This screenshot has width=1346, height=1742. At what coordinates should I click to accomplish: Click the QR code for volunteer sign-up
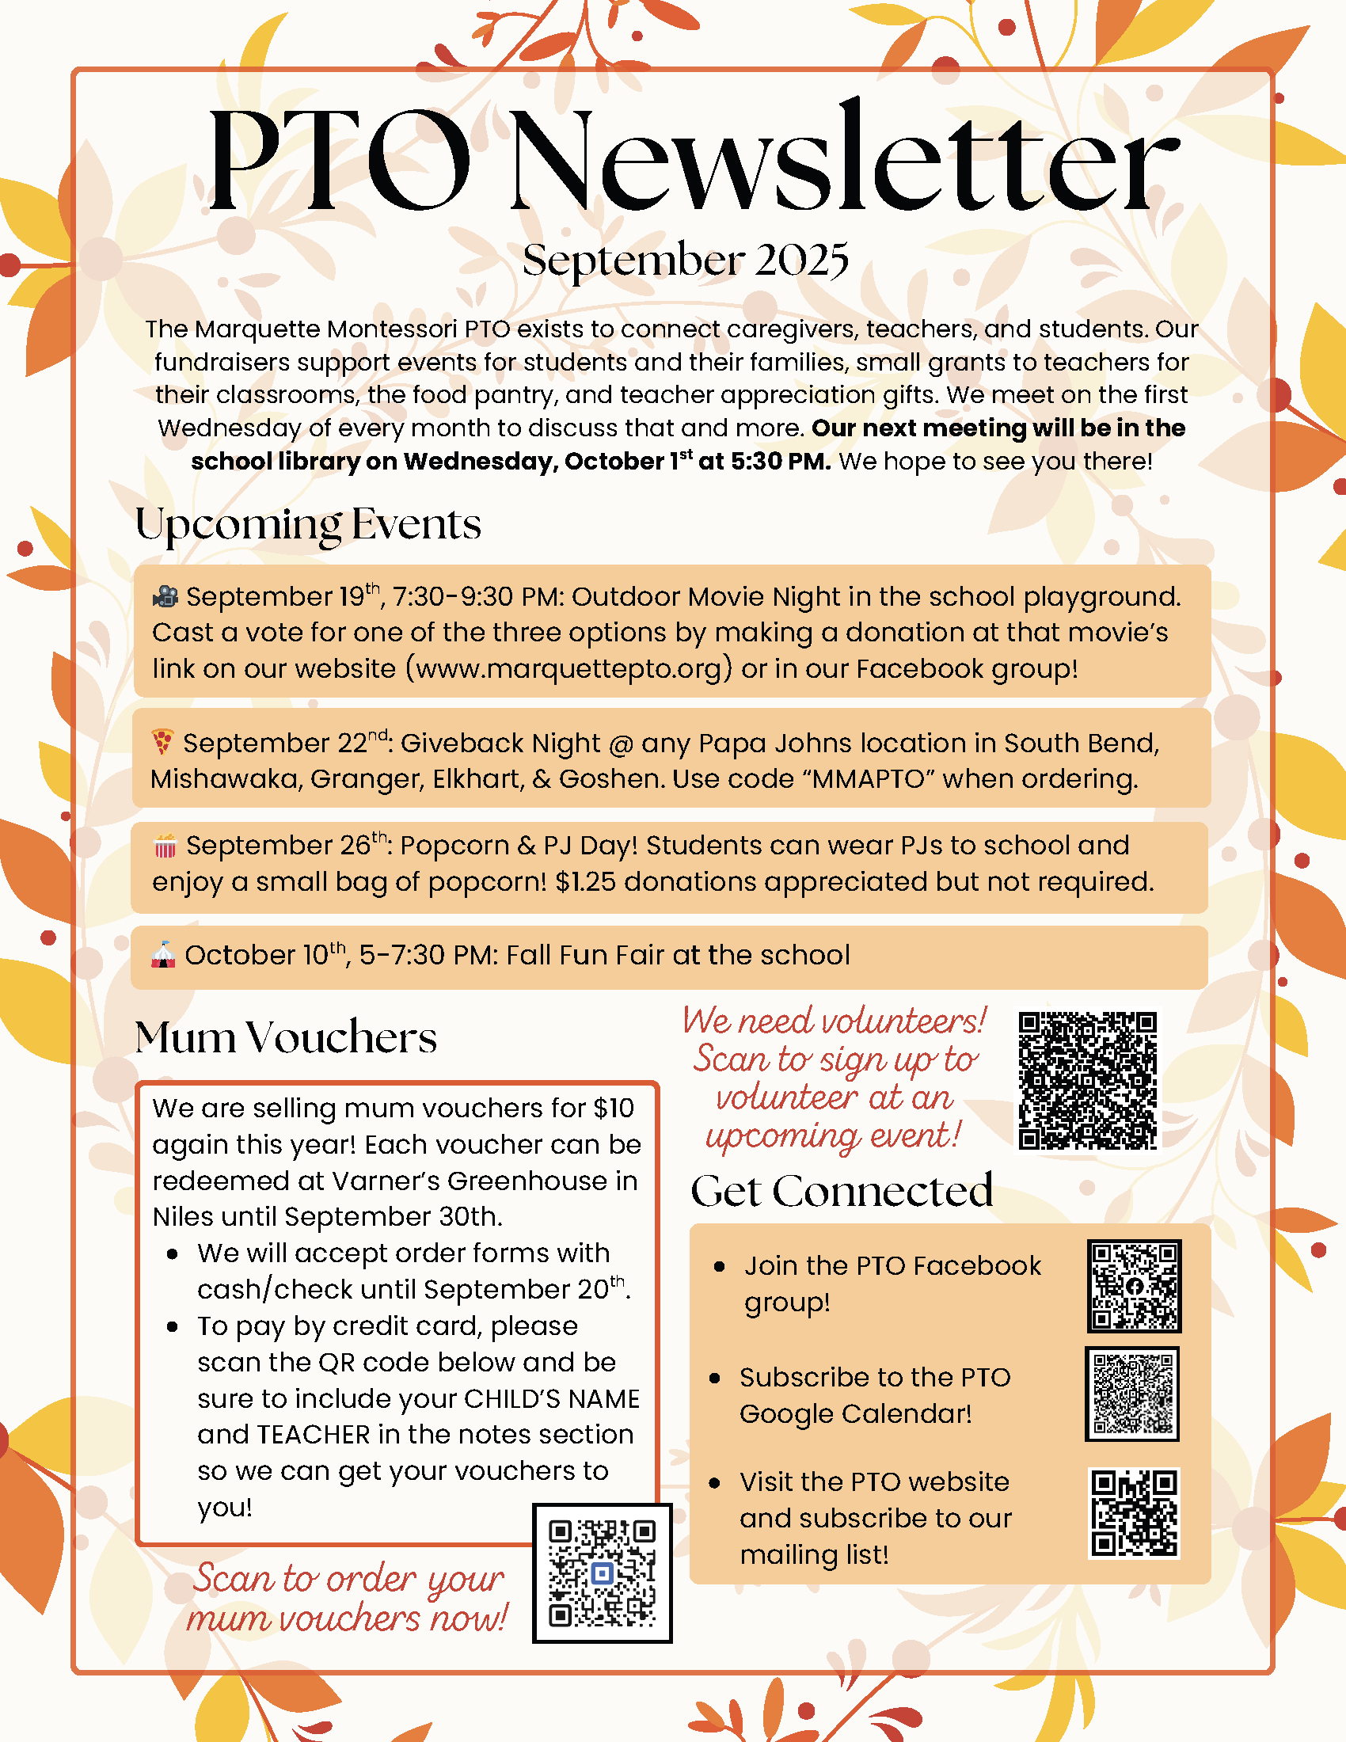tap(1088, 1081)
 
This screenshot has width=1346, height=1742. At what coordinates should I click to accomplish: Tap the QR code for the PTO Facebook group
tap(1134, 1286)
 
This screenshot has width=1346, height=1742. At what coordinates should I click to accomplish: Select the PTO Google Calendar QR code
tap(1132, 1394)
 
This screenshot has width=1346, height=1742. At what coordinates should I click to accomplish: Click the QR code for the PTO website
tap(1134, 1513)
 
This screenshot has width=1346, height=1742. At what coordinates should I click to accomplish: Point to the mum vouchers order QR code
tap(602, 1573)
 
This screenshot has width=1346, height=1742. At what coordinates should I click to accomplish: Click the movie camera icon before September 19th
tap(165, 595)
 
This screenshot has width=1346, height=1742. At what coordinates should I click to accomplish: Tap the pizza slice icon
tap(162, 742)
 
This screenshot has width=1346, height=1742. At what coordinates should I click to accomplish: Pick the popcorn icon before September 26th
tap(165, 846)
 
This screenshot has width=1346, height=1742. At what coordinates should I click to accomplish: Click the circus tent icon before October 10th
tap(163, 955)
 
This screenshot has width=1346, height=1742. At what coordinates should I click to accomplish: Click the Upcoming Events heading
tap(308, 525)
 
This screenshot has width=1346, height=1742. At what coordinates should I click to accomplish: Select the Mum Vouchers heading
tap(286, 1038)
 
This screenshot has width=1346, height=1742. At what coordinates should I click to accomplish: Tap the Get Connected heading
tap(841, 1191)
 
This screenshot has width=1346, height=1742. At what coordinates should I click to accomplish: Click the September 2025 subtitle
tap(685, 260)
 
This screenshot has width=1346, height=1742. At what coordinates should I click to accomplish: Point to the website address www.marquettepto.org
tap(572, 668)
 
